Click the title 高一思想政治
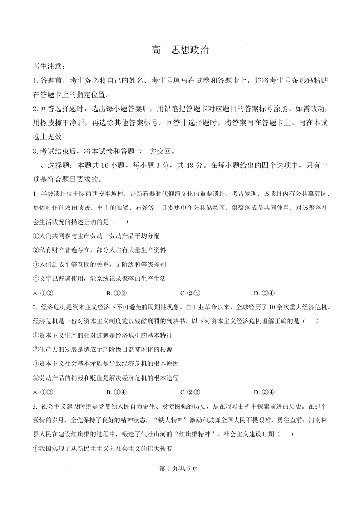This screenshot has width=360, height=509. (180, 50)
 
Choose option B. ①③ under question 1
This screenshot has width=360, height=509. (116, 293)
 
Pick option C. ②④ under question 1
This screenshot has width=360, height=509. (190, 293)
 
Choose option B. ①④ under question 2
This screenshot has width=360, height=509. (116, 392)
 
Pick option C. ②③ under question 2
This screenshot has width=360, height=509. (190, 392)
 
